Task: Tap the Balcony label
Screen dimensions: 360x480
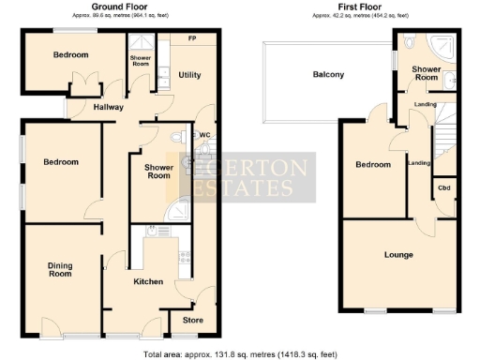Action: [328, 75]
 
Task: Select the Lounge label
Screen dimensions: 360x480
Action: [399, 254]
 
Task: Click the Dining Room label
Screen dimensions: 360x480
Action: [60, 269]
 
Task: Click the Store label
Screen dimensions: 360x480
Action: [192, 321]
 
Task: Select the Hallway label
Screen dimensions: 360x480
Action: [109, 107]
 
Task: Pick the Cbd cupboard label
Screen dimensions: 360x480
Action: [443, 188]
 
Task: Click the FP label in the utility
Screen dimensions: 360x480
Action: [192, 38]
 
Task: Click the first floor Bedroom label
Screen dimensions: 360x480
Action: [372, 165]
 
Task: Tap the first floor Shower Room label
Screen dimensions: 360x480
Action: [427, 73]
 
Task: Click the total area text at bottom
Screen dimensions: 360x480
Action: [240, 353]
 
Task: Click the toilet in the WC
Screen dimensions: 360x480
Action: [180, 138]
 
